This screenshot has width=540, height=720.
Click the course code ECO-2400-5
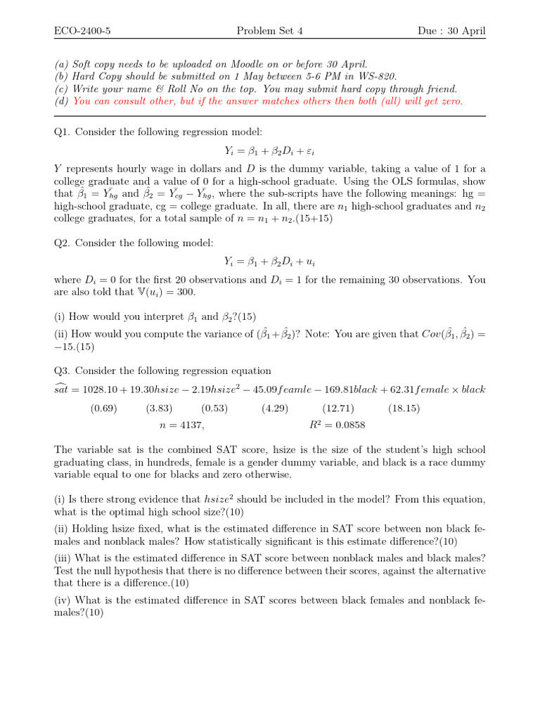[x=85, y=31]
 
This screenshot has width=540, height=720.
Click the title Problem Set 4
[x=270, y=31]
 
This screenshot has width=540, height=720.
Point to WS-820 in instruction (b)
[x=378, y=76]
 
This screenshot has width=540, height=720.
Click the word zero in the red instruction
[x=450, y=101]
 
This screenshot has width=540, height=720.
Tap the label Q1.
[x=63, y=131]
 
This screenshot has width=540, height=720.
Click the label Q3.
[x=63, y=371]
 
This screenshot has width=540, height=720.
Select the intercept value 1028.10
[x=101, y=390]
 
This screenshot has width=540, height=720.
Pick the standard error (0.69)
[x=104, y=408]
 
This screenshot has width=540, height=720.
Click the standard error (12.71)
[x=338, y=408]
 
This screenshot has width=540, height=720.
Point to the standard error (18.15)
[x=404, y=408]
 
